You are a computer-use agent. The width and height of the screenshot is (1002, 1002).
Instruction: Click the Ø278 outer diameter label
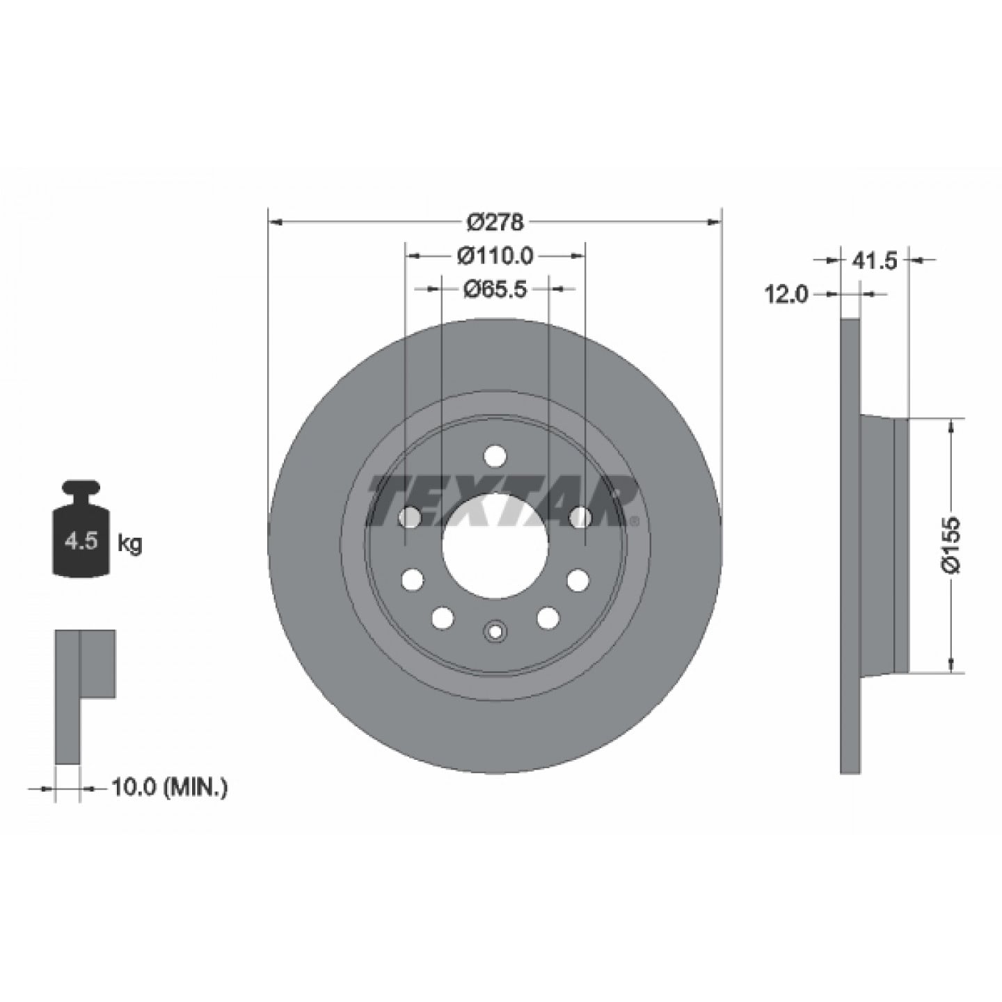pyautogui.click(x=494, y=223)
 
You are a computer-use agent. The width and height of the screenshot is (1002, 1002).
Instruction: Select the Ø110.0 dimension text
pyautogui.click(x=495, y=256)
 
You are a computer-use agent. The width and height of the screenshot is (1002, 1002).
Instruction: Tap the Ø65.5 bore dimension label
pyautogui.click(x=495, y=289)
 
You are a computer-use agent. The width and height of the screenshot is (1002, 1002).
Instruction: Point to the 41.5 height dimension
pyautogui.click(x=875, y=260)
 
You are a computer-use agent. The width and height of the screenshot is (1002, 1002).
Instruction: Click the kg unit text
pyautogui.click(x=129, y=544)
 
